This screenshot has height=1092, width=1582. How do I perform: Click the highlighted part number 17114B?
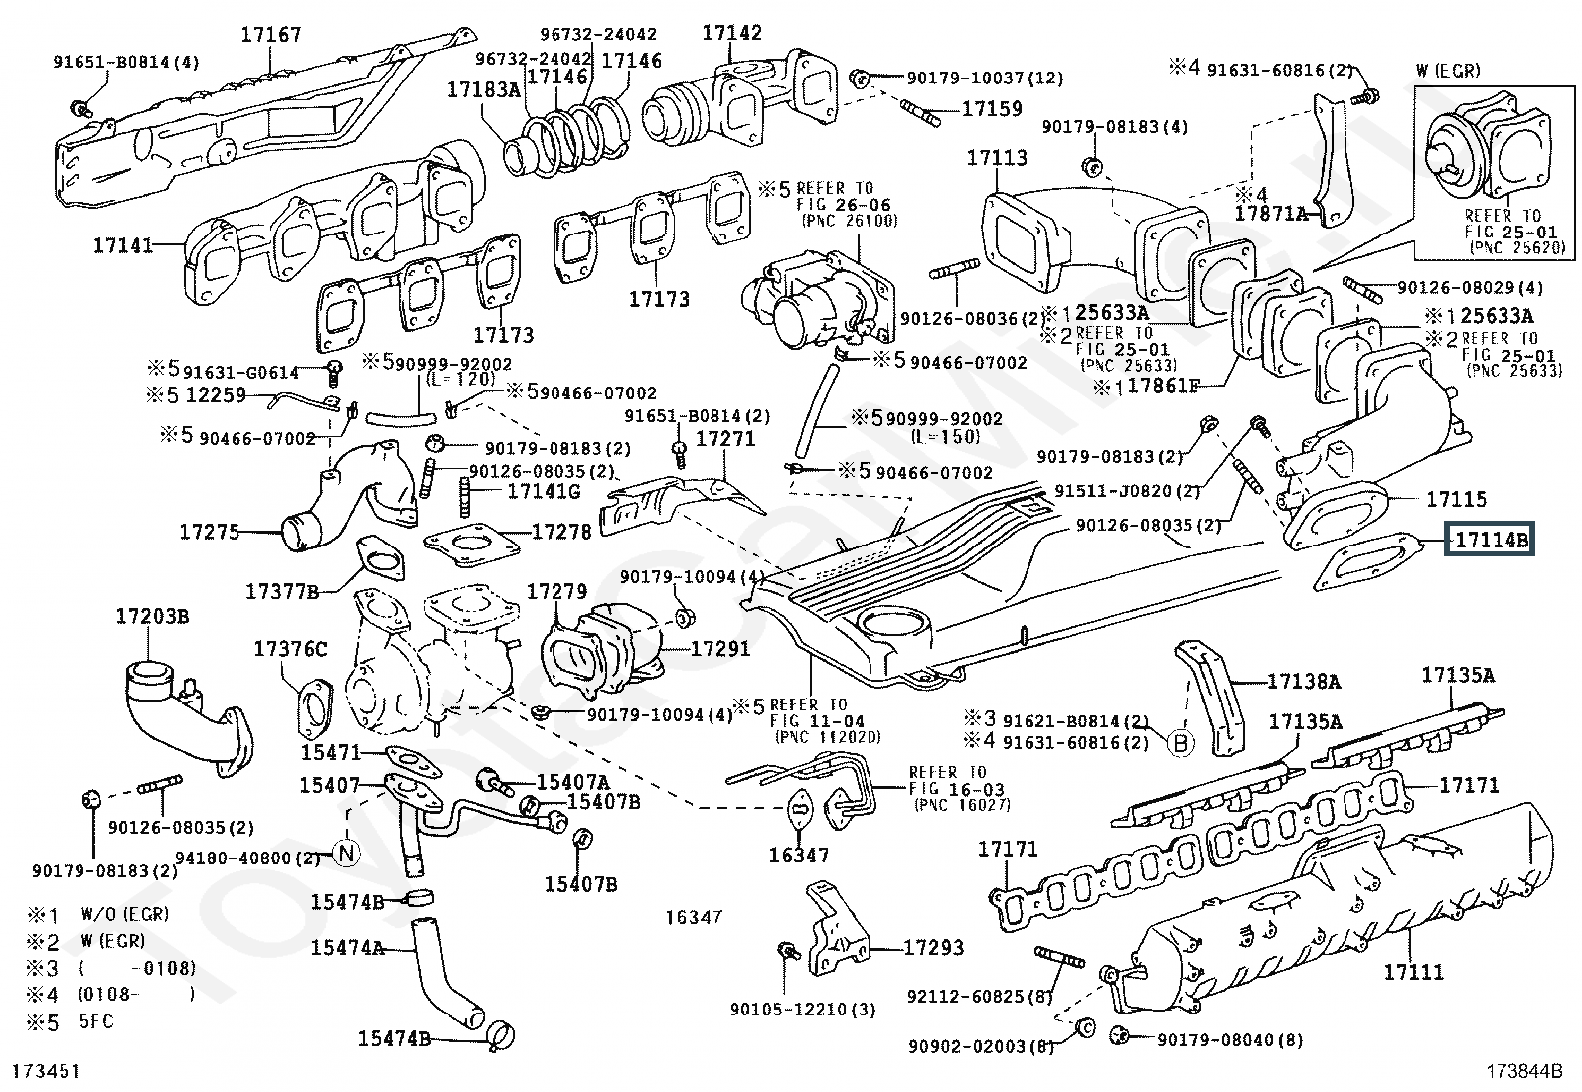(1490, 541)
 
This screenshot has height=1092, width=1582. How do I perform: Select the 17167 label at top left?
(270, 36)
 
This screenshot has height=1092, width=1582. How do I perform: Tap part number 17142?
(732, 32)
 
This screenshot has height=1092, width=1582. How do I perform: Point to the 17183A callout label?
(483, 89)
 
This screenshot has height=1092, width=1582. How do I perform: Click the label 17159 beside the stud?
(992, 108)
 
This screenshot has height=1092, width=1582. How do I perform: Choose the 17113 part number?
(996, 158)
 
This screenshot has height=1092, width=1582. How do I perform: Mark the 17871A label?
(1272, 213)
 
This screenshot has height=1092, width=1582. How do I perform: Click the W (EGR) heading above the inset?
(1448, 71)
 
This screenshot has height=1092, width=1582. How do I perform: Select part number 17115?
(1456, 499)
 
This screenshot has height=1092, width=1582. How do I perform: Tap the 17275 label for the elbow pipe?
(210, 532)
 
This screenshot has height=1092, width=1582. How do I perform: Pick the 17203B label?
(152, 616)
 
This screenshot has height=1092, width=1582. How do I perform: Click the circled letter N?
(345, 852)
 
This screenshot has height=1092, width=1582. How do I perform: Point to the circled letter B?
(1180, 742)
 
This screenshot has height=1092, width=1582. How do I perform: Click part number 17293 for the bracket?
(933, 948)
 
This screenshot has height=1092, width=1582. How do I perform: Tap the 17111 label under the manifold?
(1413, 972)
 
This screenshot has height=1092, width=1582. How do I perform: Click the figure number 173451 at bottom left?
(46, 1071)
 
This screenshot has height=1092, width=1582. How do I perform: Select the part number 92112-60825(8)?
(980, 995)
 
